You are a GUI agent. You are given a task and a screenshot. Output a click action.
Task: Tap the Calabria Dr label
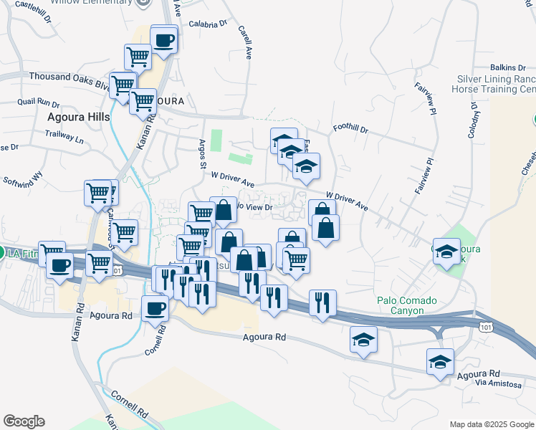click(208, 24)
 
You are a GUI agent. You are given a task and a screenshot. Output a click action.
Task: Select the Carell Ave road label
click(245, 43)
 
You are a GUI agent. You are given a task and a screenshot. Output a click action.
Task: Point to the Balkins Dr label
click(508, 67)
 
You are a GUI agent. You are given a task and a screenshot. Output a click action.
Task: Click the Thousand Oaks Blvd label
click(68, 77)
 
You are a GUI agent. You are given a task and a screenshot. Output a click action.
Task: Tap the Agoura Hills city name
click(78, 116)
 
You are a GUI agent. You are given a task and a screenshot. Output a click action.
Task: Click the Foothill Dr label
click(350, 130)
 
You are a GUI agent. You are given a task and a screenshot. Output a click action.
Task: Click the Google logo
click(24, 421)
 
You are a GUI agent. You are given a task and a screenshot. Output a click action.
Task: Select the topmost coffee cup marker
click(164, 38)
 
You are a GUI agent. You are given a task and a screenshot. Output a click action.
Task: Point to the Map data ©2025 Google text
click(492, 424)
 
